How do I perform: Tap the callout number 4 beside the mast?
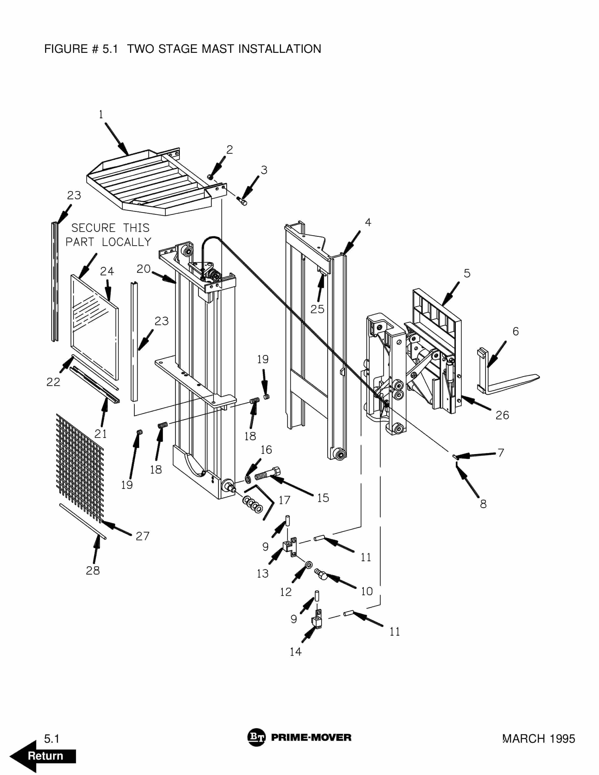(368, 222)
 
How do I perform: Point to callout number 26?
(502, 415)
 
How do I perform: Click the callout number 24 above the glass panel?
(107, 272)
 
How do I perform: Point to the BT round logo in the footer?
(256, 737)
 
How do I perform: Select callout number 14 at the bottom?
(296, 652)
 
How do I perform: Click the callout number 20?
(143, 269)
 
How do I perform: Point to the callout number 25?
(317, 309)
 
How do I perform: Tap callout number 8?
(483, 504)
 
